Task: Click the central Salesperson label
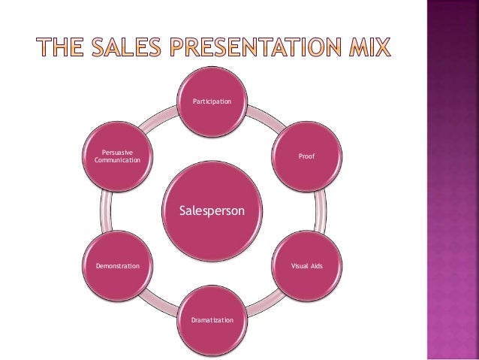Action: point(212,212)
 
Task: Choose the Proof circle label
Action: point(306,157)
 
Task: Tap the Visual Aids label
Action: point(306,266)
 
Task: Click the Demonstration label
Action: point(117,266)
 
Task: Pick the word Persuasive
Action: point(118,153)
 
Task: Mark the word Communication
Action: point(118,161)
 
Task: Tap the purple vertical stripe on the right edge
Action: point(452,180)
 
